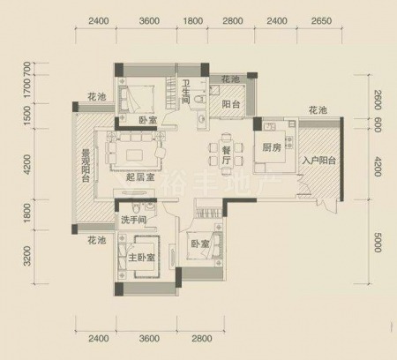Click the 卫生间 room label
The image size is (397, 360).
pos(186,92)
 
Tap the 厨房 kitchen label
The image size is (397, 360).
pos(272,147)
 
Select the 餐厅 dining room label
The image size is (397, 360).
pos(226,155)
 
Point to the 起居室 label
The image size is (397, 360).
pos(140,177)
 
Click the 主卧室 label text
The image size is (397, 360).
pos(142,258)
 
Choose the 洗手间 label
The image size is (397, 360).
pos(134,220)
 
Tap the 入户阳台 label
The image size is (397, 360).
pos(319,161)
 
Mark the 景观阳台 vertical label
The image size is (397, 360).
pos(86,166)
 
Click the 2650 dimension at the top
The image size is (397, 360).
pos(321,21)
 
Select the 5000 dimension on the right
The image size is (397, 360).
pos(378,243)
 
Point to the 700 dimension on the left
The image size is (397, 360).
pos(26,69)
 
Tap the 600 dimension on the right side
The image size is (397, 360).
pos(378,125)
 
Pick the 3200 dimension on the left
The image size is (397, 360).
pos(26,256)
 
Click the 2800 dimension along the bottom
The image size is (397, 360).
pos(202,338)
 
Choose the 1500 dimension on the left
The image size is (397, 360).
pos(26,116)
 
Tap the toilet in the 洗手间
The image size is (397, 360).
pos(136,208)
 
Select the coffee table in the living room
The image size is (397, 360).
pos(136,154)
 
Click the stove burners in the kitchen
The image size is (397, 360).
pos(289,142)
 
